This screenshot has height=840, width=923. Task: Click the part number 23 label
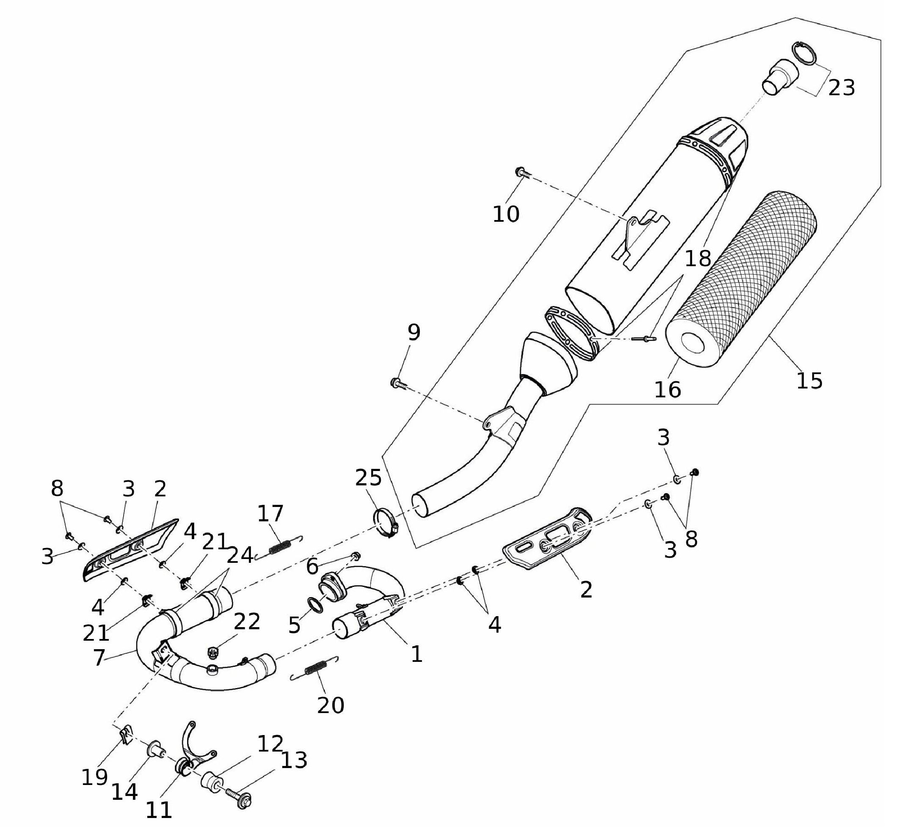click(841, 88)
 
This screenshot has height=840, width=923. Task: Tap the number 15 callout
click(810, 380)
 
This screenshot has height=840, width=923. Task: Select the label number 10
click(506, 214)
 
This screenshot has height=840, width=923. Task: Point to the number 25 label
click(369, 478)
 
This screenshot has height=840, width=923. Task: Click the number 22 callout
click(247, 622)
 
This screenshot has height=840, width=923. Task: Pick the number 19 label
click(95, 777)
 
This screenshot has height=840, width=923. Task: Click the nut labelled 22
click(212, 651)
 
